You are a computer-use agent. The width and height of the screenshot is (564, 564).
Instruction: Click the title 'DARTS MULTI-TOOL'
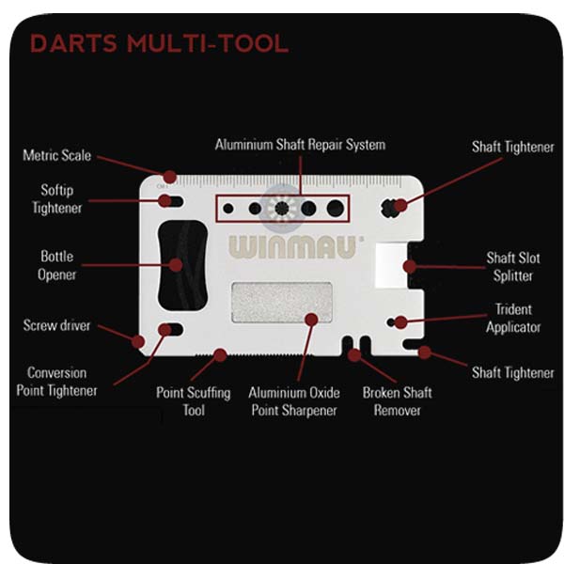(x=159, y=43)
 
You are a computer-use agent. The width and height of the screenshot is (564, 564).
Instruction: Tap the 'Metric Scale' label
(x=56, y=155)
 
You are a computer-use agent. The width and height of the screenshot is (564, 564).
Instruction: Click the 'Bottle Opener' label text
(x=56, y=266)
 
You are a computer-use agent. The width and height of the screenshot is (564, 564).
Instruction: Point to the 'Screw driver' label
(x=56, y=326)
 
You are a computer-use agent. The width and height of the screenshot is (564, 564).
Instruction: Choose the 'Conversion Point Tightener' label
(x=56, y=381)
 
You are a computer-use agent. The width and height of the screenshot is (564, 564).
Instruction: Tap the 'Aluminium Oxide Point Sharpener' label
(x=294, y=401)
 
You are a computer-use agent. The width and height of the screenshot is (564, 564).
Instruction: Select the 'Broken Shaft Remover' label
(x=397, y=400)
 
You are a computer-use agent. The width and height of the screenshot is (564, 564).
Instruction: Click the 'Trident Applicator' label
(x=513, y=318)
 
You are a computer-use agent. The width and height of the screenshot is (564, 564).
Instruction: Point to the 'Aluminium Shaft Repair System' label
(x=300, y=145)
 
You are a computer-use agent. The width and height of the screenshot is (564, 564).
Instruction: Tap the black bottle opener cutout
(x=180, y=265)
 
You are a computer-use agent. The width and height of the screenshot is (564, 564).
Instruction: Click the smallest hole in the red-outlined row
(x=228, y=208)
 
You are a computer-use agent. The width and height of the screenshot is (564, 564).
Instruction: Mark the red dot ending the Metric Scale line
(x=170, y=177)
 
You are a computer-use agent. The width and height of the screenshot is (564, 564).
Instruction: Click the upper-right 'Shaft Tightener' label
(x=512, y=148)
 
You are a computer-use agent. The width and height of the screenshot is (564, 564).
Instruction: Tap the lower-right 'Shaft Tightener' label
(x=512, y=372)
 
